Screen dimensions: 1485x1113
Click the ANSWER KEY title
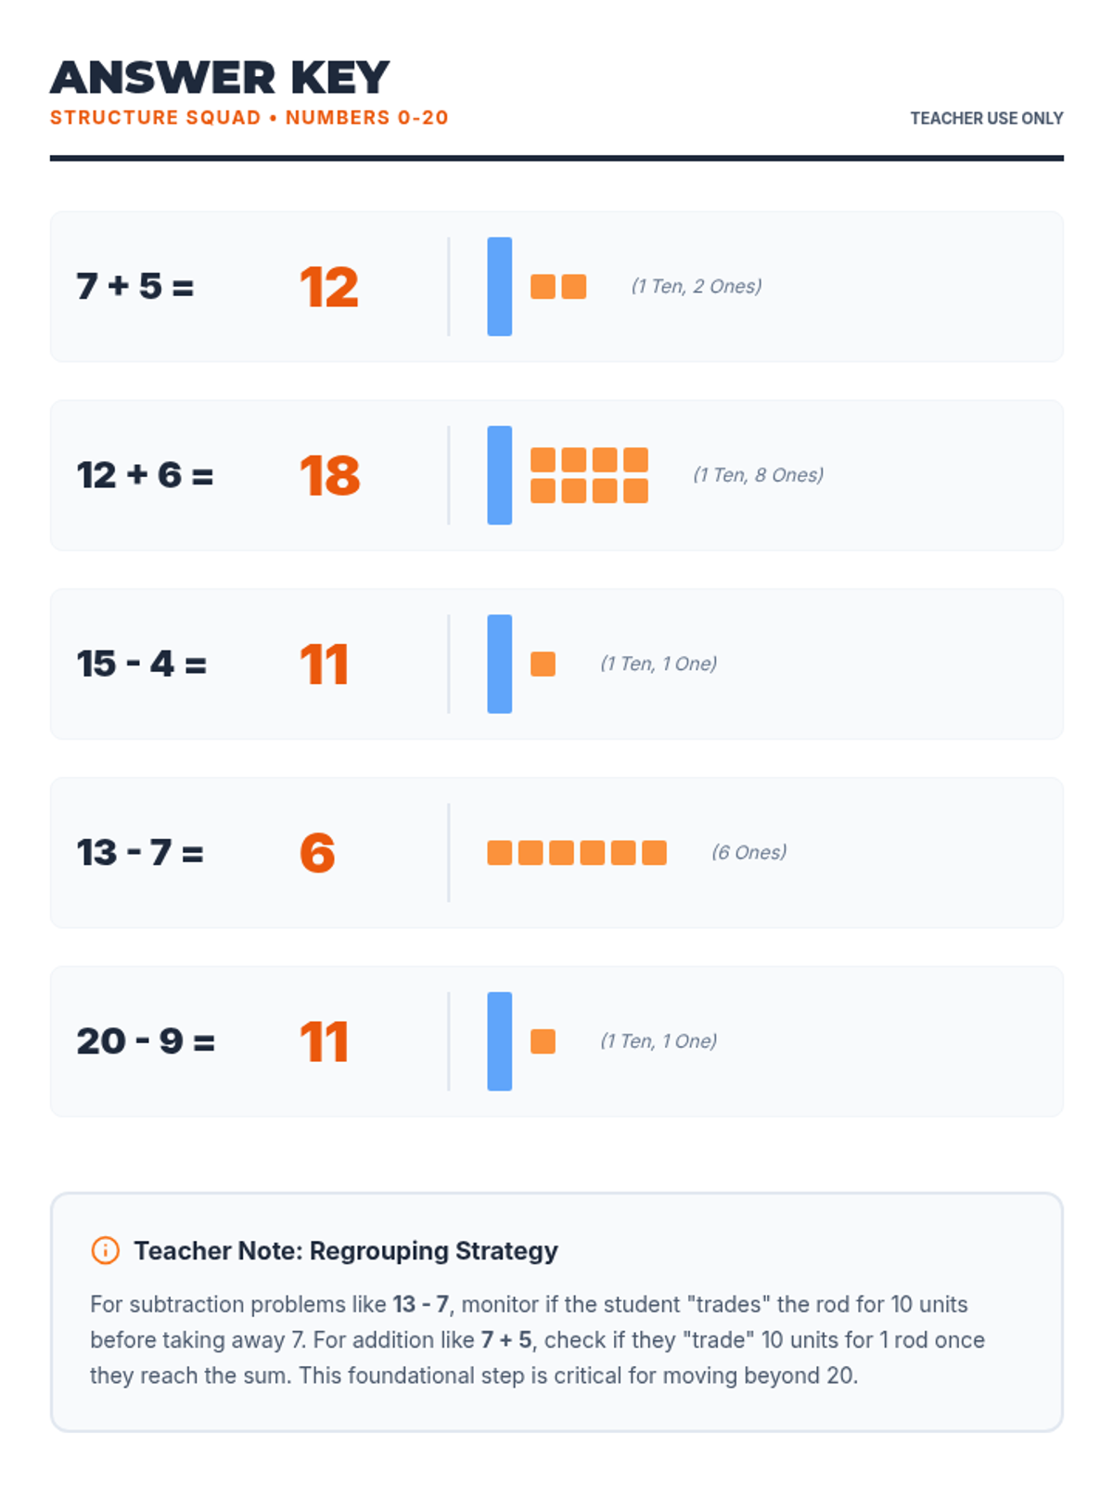[220, 78]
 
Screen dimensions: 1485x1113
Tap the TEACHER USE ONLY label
[986, 118]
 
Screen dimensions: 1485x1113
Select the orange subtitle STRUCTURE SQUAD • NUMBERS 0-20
[249, 118]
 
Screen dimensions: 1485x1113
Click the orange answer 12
[328, 287]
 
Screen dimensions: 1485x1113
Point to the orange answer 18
[329, 475]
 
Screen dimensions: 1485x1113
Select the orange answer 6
[317, 853]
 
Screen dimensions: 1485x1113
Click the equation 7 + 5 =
[135, 287]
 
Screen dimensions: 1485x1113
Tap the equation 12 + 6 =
[145, 475]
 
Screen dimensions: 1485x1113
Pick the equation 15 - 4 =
[141, 664]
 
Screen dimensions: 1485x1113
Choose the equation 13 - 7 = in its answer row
[140, 853]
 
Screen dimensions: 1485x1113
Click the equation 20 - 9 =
[146, 1041]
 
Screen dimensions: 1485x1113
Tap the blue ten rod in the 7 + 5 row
[499, 286]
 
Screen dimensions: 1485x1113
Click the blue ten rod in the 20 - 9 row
[499, 1041]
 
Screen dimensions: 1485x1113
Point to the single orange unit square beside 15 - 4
[543, 664]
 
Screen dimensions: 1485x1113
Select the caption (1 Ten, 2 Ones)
[696, 286]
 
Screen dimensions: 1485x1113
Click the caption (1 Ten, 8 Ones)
[758, 475]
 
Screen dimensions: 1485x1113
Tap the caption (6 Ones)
[748, 852]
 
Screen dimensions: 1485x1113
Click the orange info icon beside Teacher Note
[106, 1250]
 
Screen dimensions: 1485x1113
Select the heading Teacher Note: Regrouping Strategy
[346, 1250]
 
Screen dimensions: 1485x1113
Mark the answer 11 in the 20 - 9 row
[324, 1041]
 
